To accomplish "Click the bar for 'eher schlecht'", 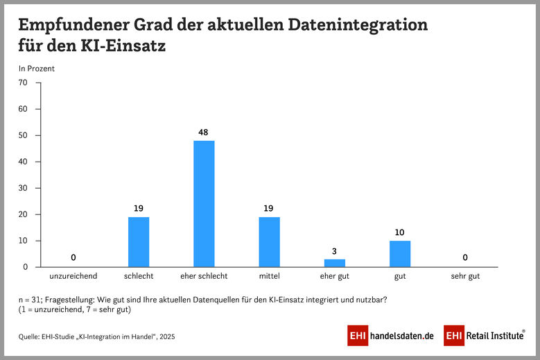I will [x=204, y=204].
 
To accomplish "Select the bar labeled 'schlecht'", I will [x=139, y=242].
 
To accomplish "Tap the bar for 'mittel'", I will [x=269, y=242].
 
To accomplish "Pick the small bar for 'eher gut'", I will [x=334, y=263].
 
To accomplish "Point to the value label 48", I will [x=204, y=131].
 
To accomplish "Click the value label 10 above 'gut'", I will [x=400, y=231].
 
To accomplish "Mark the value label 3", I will [x=334, y=250].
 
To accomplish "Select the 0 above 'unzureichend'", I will [x=73, y=257].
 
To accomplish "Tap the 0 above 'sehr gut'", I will [x=465, y=257].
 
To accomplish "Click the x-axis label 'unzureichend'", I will [x=73, y=276].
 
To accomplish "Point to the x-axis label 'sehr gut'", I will [x=465, y=276].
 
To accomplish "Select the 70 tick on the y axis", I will [x=23, y=83].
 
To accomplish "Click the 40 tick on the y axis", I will [x=23, y=162].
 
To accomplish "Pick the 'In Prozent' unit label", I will [x=36, y=68].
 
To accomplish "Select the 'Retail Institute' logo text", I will [x=494, y=336].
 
